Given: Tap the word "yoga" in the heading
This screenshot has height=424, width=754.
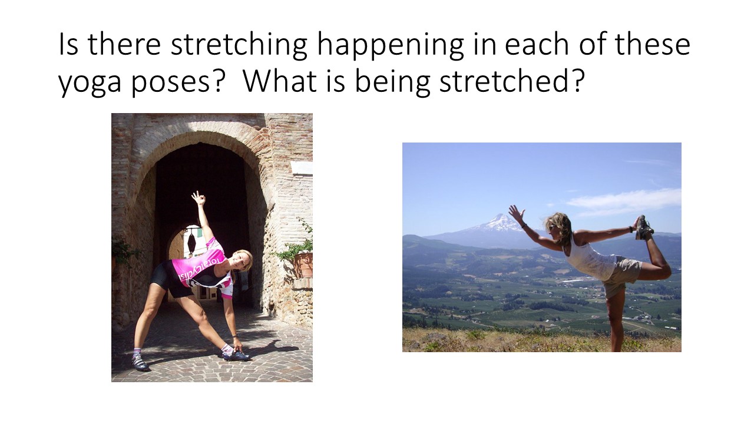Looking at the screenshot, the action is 90,83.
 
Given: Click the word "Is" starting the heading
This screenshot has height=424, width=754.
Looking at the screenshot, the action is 68,44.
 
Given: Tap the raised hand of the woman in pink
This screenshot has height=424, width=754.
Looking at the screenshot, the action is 199,198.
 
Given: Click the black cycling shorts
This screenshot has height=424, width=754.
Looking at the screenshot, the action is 168,279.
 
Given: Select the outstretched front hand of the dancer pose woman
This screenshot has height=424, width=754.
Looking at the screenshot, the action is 516,214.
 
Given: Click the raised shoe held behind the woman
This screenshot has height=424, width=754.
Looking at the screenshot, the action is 644,227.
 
